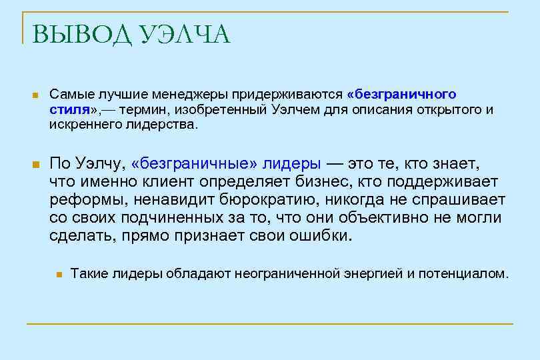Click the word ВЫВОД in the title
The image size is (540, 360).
79,35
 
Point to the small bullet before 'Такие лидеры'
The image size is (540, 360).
59,274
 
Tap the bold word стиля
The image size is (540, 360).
69,109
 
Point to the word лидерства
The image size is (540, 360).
163,124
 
